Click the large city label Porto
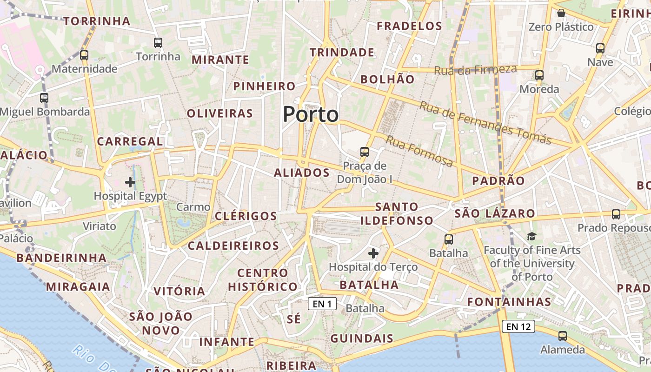[x=311, y=114]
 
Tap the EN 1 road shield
[x=322, y=304]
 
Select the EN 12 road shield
[x=518, y=326]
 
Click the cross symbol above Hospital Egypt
[x=130, y=182]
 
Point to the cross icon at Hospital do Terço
[x=373, y=253]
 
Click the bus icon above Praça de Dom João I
[x=365, y=152]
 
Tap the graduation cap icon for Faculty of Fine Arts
[x=531, y=236]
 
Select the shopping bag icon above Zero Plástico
[x=561, y=13]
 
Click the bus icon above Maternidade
[x=84, y=55]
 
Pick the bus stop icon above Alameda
[x=563, y=336]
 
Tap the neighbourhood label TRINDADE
[x=342, y=53]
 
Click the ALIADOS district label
[x=302, y=173]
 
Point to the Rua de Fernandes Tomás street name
[x=485, y=123]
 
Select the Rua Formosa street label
[x=419, y=152]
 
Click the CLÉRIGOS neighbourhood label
[x=246, y=216]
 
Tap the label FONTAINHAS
[x=509, y=302]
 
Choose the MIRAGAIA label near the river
[x=78, y=286]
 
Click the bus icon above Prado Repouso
[x=616, y=214]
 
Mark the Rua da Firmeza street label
[x=475, y=70]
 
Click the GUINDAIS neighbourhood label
[x=362, y=339]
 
